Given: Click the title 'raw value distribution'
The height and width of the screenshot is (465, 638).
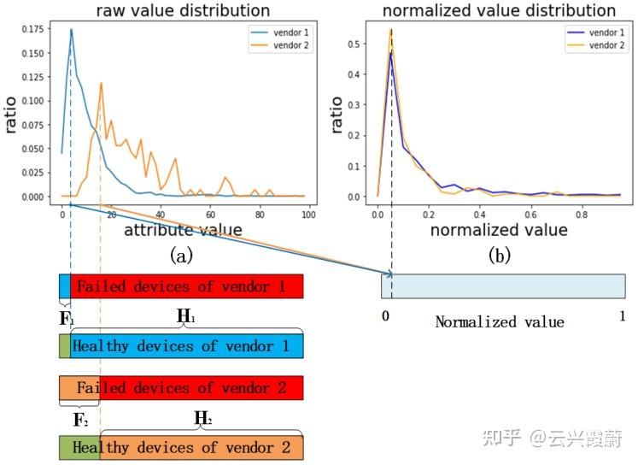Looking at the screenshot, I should click(x=183, y=11).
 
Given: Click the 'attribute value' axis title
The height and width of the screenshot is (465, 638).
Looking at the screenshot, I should click(x=183, y=230).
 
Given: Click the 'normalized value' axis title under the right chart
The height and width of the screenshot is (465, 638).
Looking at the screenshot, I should click(x=499, y=230).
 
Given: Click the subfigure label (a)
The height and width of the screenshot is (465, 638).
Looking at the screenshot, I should click(x=182, y=255).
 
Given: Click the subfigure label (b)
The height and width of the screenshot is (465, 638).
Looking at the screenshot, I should click(x=498, y=255).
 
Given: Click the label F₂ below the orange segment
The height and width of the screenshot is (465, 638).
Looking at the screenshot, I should click(x=79, y=419).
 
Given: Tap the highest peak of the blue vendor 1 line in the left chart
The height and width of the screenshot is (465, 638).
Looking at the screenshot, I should click(x=71, y=30).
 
